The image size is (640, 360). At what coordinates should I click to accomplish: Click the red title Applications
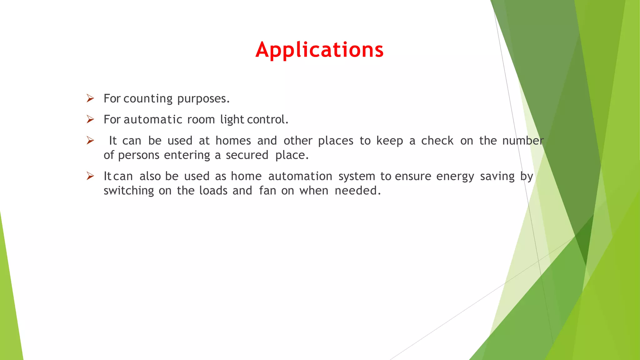(319, 50)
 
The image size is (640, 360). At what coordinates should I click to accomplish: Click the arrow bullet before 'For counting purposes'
(90, 98)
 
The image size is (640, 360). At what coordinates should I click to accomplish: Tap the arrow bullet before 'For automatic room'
(90, 119)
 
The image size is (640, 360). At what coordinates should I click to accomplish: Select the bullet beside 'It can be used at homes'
(90, 141)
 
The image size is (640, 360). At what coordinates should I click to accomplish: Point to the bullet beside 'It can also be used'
(90, 176)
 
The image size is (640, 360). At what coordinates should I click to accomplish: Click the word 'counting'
(148, 99)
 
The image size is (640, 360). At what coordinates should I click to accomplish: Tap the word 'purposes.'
(203, 99)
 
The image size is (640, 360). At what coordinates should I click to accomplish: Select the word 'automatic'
(153, 120)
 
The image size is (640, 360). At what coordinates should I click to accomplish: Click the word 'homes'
(233, 141)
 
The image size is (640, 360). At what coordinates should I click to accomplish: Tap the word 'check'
(437, 141)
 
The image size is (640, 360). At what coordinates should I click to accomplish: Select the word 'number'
(523, 141)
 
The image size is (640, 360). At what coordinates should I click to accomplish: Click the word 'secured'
(247, 155)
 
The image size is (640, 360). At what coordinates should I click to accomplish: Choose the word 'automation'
(300, 177)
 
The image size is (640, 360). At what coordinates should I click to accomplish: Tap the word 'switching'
(129, 191)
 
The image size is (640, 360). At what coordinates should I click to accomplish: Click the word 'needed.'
(358, 191)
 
